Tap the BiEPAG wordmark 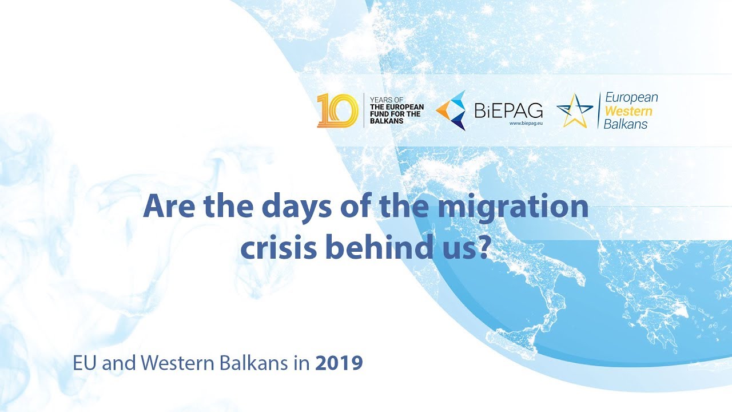(x=508, y=109)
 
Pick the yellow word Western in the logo (x=628, y=110)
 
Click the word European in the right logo (x=631, y=97)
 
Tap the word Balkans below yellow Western (x=626, y=124)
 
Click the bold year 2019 (x=339, y=363)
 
